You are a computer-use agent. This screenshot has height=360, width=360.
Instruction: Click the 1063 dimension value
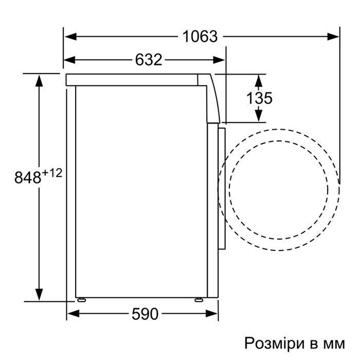200,37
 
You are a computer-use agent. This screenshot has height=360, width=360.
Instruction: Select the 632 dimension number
149,60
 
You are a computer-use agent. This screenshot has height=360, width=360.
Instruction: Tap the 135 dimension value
259,98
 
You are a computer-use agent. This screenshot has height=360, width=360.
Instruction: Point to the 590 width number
145,314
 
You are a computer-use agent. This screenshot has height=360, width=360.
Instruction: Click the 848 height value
28,177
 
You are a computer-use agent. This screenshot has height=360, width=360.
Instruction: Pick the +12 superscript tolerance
52,173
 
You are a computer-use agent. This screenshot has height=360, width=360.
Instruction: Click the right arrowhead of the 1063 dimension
333,37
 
